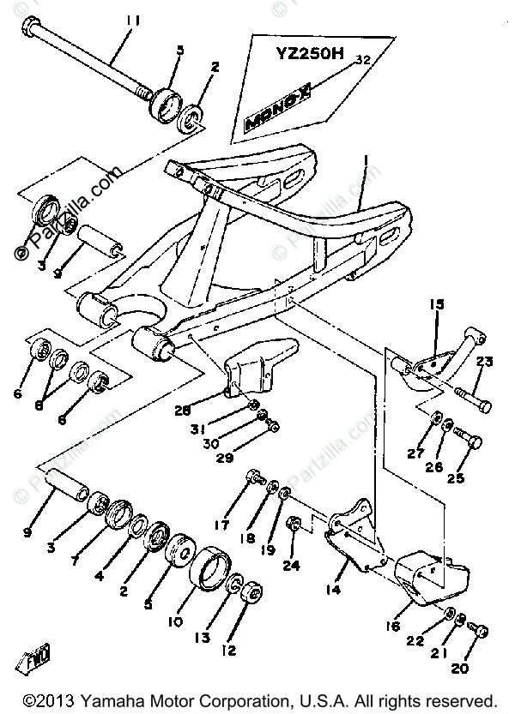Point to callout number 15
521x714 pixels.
pyautogui.click(x=436, y=304)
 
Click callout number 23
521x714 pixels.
pyautogui.click(x=484, y=361)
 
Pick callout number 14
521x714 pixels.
pyautogui.click(x=333, y=591)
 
